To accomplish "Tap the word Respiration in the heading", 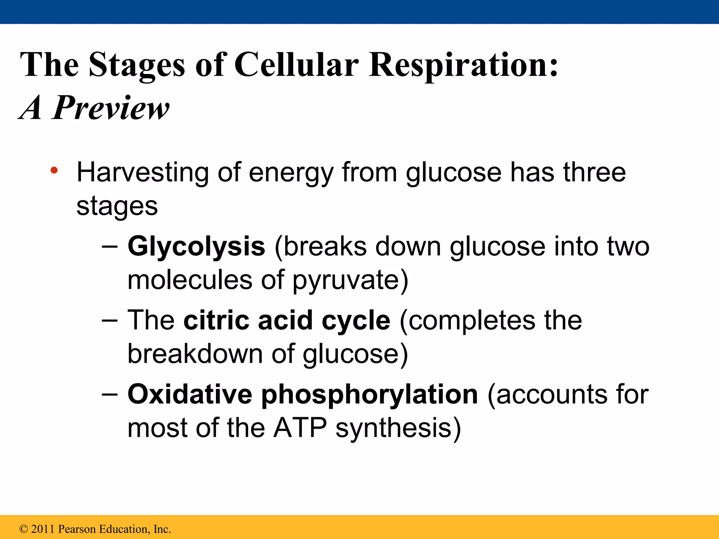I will (x=463, y=65).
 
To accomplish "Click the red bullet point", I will (x=54, y=171).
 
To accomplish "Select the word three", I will (x=594, y=172).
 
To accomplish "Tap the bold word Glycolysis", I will (x=196, y=246).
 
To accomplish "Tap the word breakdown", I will (x=195, y=353).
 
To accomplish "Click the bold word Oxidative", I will (x=190, y=394).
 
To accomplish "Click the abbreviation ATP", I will (x=300, y=428).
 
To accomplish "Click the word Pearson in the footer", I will (x=77, y=529).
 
